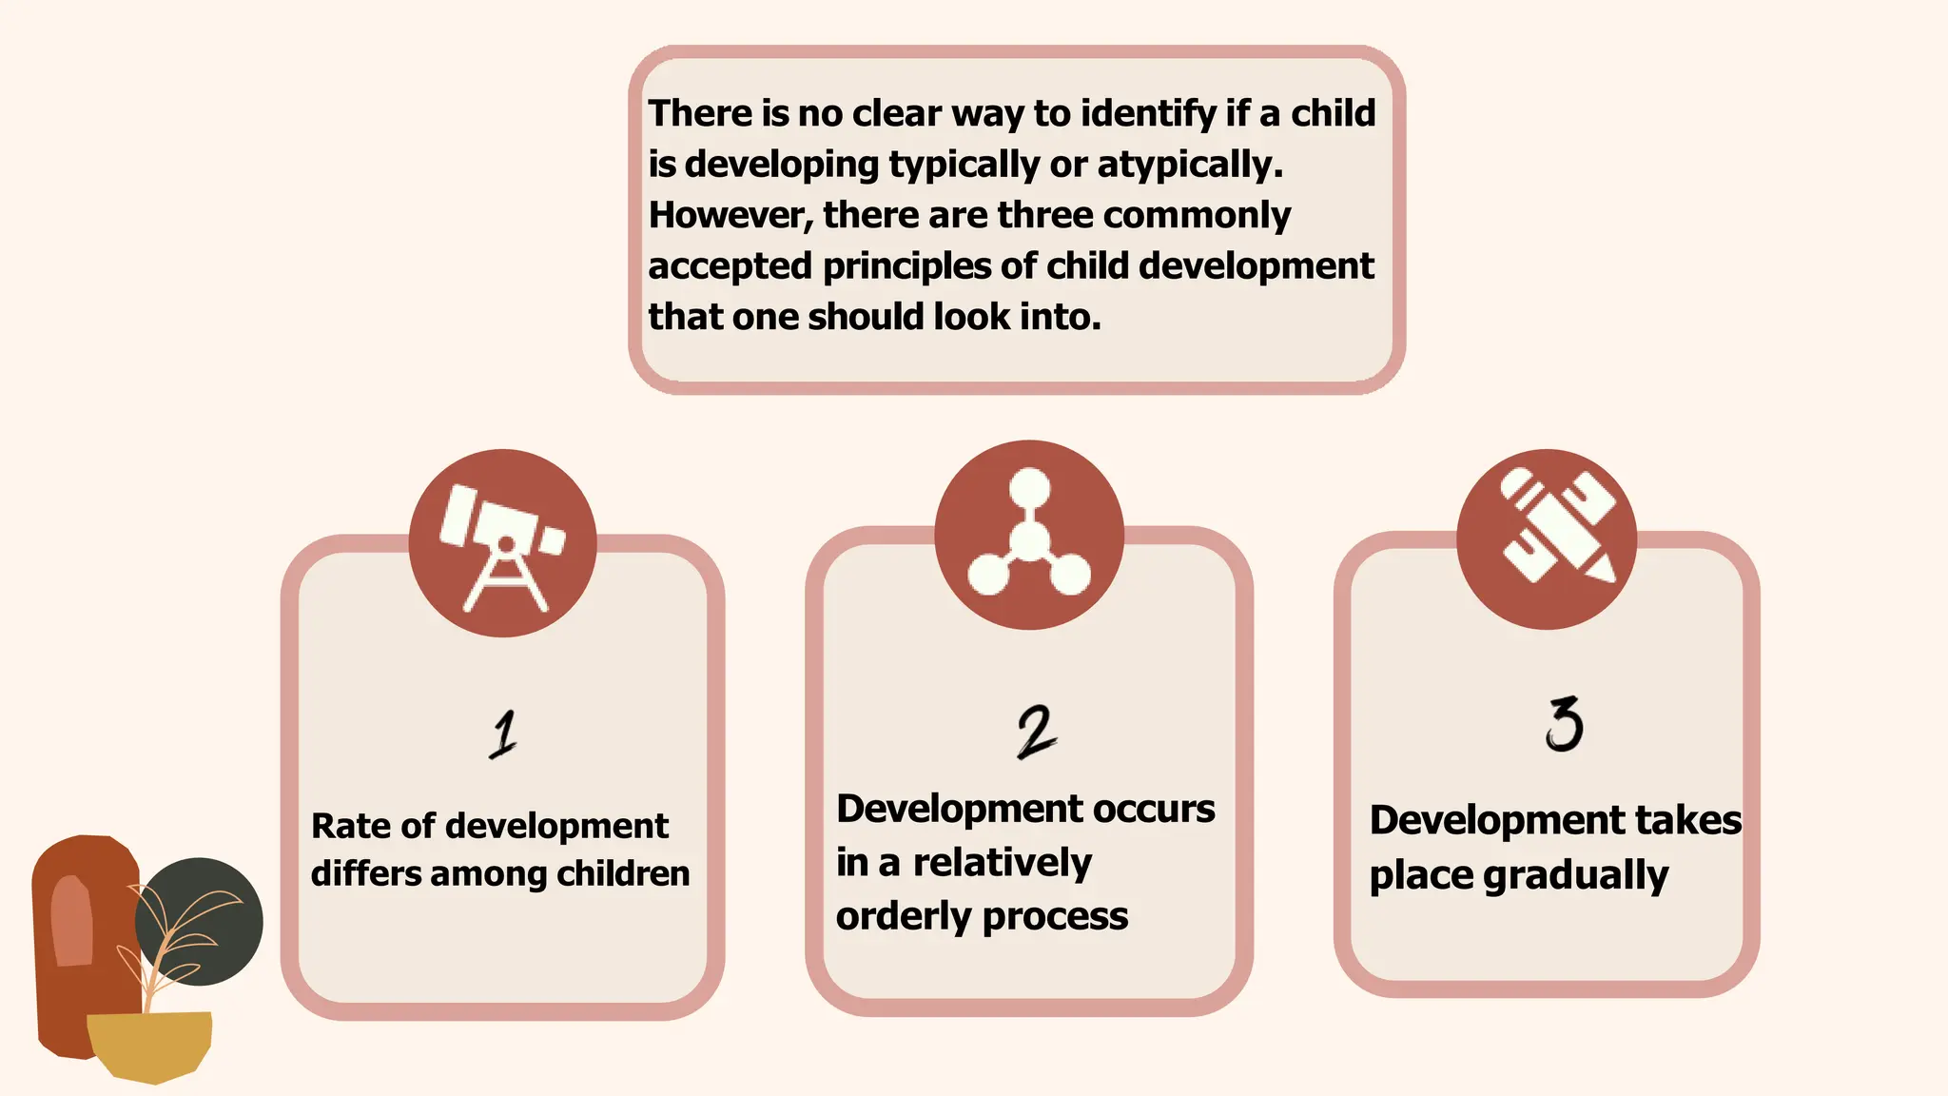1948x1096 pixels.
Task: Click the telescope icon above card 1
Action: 502,543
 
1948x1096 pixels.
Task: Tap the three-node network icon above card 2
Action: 1028,535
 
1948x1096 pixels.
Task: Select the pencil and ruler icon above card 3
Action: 1547,538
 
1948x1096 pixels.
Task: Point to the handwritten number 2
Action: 1035,732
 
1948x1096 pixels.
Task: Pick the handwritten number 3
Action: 1563,724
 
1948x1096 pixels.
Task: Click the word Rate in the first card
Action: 347,826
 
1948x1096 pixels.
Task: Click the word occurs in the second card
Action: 1154,809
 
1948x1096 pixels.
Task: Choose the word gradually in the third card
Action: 1575,875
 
